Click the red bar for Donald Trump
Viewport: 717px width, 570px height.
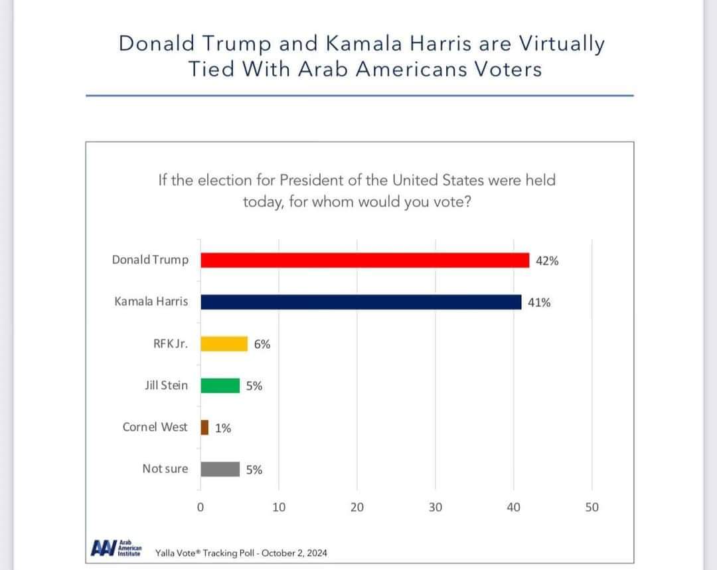[x=364, y=260]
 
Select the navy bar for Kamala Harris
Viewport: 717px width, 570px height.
[x=360, y=302]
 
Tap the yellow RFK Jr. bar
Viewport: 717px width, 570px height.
[x=224, y=343]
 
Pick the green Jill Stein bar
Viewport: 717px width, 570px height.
[x=220, y=385]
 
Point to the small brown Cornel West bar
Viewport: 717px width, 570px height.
[x=204, y=427]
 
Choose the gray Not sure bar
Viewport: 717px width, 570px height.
[x=220, y=469]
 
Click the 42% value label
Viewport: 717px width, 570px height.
[x=547, y=260]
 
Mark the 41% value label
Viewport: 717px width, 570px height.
[x=539, y=302]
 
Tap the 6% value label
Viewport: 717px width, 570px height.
[x=262, y=344]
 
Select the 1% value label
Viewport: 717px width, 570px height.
[x=223, y=428]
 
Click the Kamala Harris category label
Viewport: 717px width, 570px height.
[x=151, y=302]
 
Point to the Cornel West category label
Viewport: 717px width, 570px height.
[x=155, y=427]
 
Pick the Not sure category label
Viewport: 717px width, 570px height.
[x=165, y=469]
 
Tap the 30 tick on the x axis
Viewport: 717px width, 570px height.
[x=435, y=508]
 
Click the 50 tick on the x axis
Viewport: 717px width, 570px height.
[x=592, y=508]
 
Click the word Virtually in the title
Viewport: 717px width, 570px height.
[x=562, y=44]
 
